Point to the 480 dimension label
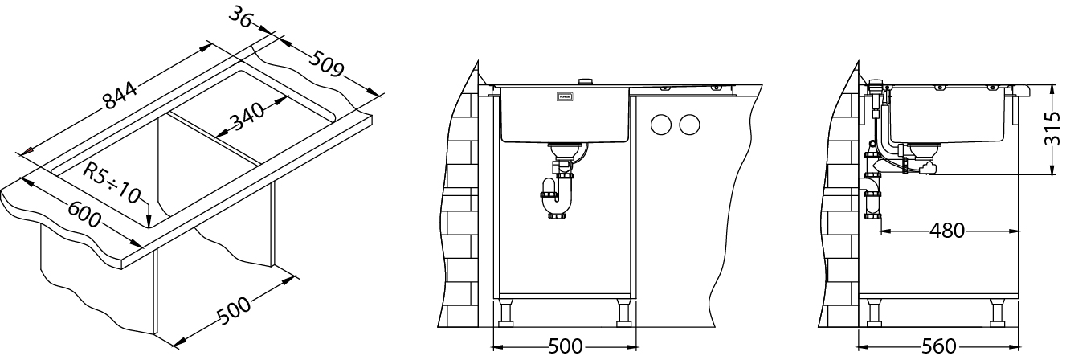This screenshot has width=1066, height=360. click(947, 231)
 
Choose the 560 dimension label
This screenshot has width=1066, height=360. click(939, 347)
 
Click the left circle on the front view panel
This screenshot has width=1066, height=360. click(660, 125)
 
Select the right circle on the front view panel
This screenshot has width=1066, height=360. click(688, 125)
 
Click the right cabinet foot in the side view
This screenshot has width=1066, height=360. click(999, 313)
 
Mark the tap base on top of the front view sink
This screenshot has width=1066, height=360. click(586, 81)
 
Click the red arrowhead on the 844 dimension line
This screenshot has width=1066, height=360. click(28, 150)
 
